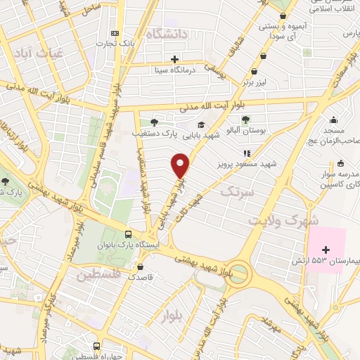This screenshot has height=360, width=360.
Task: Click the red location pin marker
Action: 181,165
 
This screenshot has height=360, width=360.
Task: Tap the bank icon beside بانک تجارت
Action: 115,34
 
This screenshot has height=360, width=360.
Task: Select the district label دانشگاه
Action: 167,33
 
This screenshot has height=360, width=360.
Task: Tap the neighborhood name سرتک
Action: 236,190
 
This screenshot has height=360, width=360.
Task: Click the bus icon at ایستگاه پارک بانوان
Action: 127,235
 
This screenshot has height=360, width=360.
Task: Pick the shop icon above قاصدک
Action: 143,267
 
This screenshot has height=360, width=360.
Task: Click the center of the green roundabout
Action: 238,271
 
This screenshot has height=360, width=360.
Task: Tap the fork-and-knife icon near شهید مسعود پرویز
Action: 246,153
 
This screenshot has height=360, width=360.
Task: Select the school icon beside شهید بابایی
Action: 201,124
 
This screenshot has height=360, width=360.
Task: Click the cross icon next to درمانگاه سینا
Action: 174,58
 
